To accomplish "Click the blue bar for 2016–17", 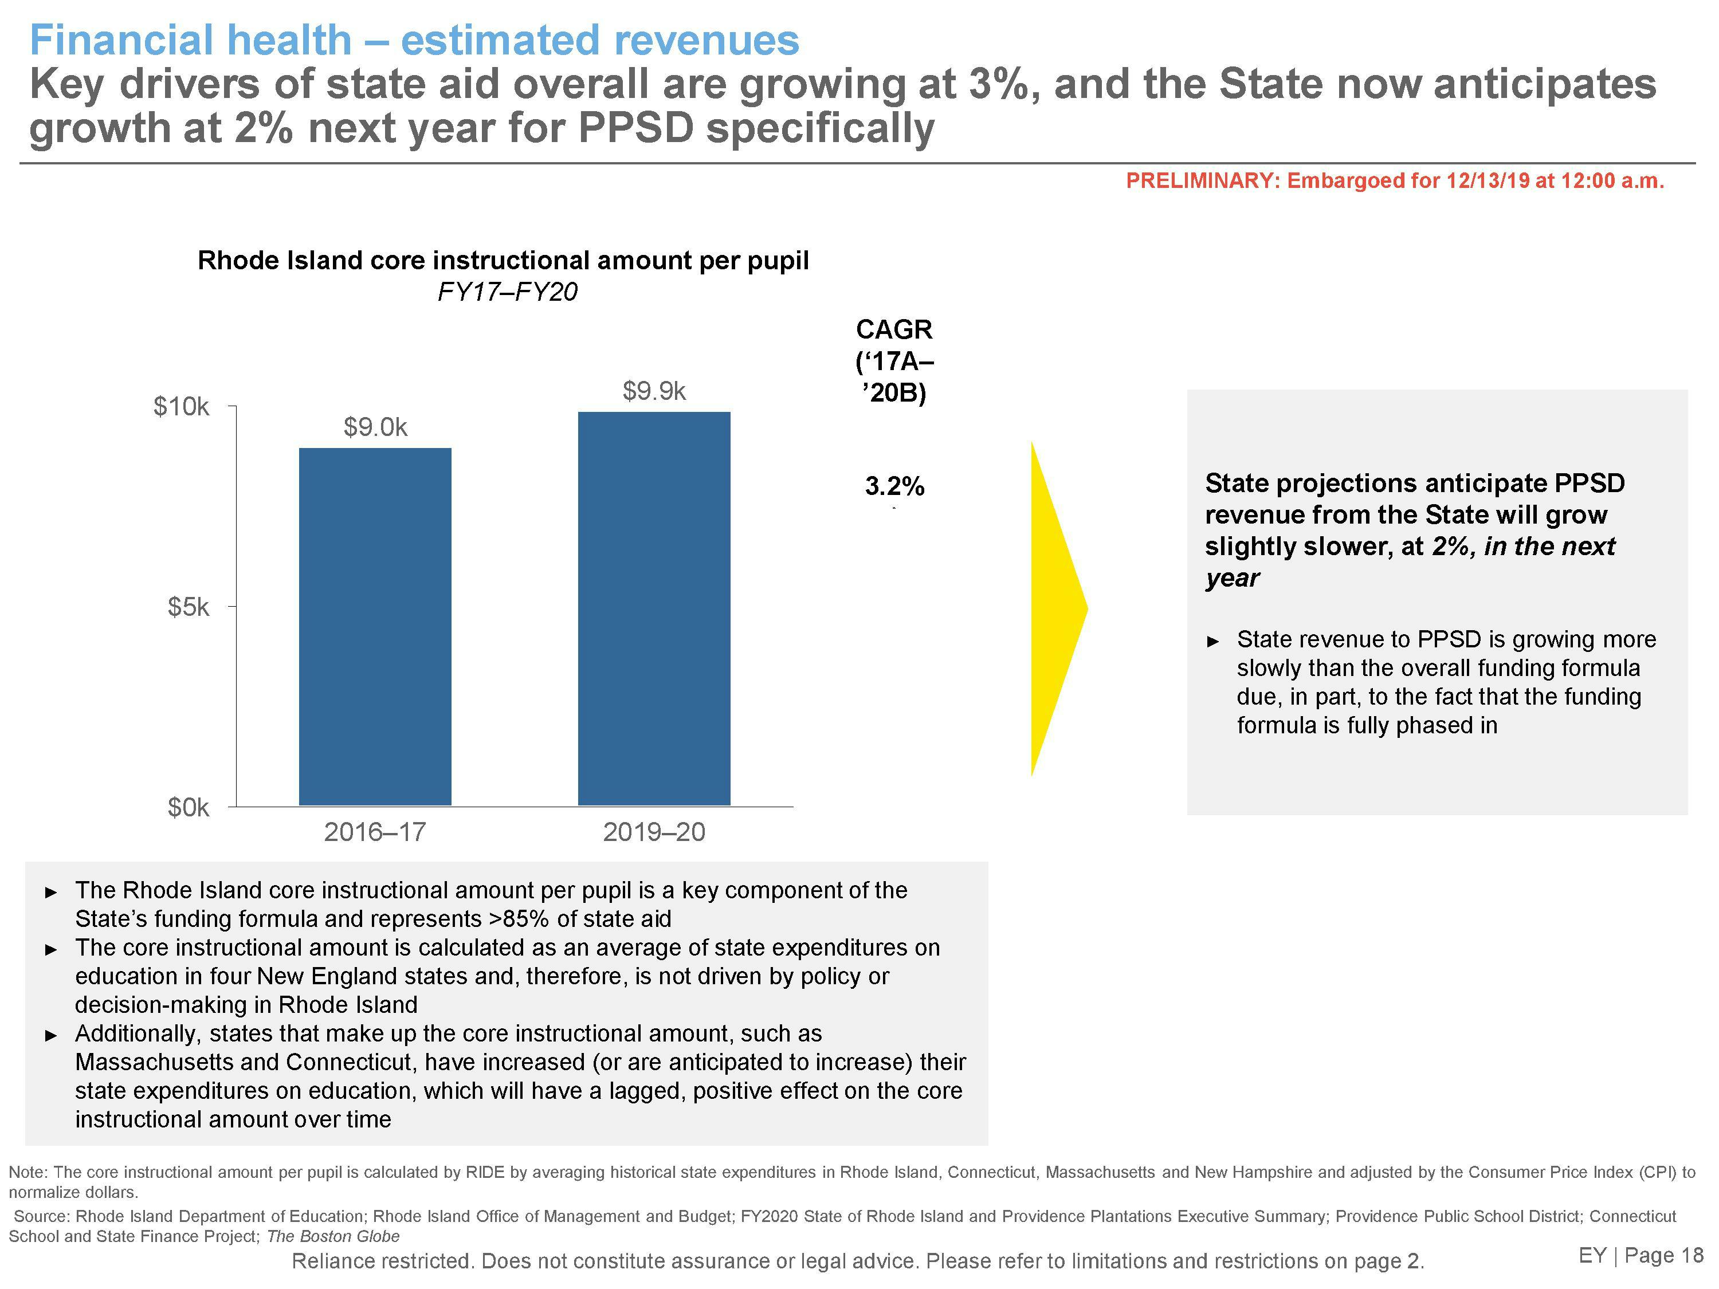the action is click(x=375, y=626).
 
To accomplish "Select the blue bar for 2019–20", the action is click(x=654, y=608).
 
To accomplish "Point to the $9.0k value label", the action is click(x=375, y=427).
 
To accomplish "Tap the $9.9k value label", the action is click(x=654, y=391).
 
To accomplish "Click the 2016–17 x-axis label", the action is click(x=375, y=832).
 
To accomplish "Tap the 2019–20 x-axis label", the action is click(x=654, y=832).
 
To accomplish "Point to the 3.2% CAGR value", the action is click(x=894, y=486).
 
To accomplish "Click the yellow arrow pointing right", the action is click(x=1058, y=608).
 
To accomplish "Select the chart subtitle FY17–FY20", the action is click(x=508, y=292).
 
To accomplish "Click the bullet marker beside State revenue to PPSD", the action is click(x=1214, y=642).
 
